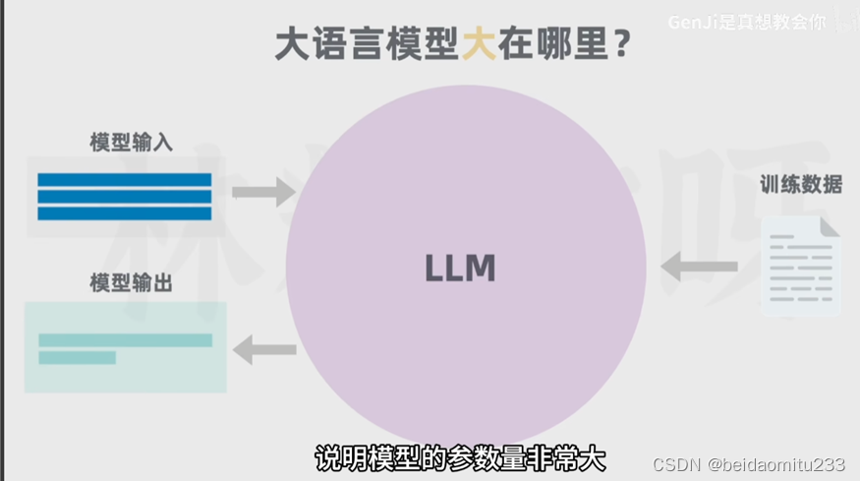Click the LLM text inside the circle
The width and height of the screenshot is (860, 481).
[460, 268]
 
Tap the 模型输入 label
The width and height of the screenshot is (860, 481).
[131, 142]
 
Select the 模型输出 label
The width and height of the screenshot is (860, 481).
[131, 283]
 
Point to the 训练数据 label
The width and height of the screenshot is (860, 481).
[801, 184]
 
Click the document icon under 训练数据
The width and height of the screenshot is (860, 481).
[801, 267]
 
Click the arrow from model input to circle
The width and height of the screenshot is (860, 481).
[263, 191]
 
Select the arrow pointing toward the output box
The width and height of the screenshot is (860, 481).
[264, 348]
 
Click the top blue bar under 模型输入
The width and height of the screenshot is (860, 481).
[125, 180]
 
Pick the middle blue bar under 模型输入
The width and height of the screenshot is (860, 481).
[125, 196]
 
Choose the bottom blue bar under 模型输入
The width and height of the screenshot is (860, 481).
[125, 212]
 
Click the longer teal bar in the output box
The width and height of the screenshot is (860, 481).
[125, 340]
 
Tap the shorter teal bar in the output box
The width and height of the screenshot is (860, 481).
[77, 358]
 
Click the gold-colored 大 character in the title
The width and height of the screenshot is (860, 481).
[481, 45]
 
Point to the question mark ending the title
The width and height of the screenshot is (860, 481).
[621, 46]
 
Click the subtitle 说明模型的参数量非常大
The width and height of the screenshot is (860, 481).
[460, 458]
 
